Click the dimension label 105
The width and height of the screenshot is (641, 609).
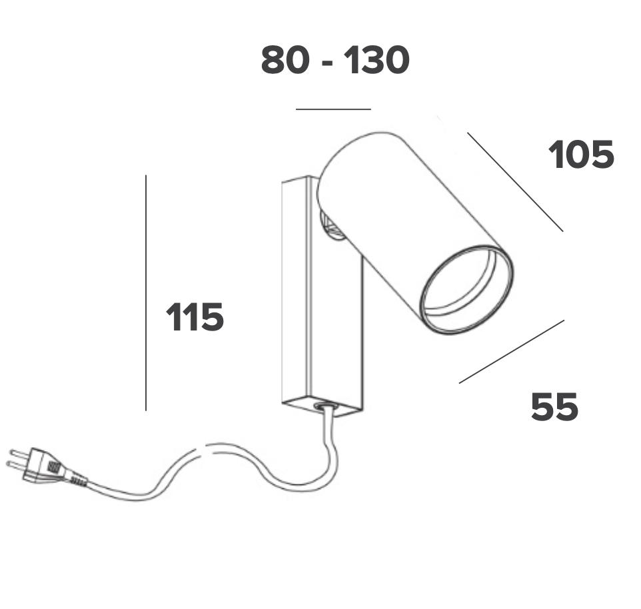click(x=581, y=155)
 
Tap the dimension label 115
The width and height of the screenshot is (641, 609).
click(x=195, y=316)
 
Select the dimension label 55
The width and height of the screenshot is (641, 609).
click(x=555, y=406)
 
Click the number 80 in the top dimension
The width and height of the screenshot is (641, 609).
click(x=285, y=60)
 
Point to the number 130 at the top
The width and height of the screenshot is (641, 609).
click(x=376, y=60)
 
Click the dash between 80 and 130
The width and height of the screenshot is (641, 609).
click(x=327, y=63)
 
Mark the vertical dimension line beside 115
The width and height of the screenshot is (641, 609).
click(x=146, y=293)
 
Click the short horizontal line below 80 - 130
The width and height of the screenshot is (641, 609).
click(x=333, y=109)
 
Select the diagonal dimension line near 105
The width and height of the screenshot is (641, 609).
click(x=515, y=182)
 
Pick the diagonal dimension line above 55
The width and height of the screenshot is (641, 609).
click(x=512, y=352)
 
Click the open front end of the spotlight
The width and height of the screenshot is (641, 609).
click(x=467, y=290)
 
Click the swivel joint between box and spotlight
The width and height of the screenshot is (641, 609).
click(x=332, y=227)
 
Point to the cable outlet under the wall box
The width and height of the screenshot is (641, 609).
click(x=325, y=406)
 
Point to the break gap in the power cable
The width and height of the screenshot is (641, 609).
click(x=205, y=449)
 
